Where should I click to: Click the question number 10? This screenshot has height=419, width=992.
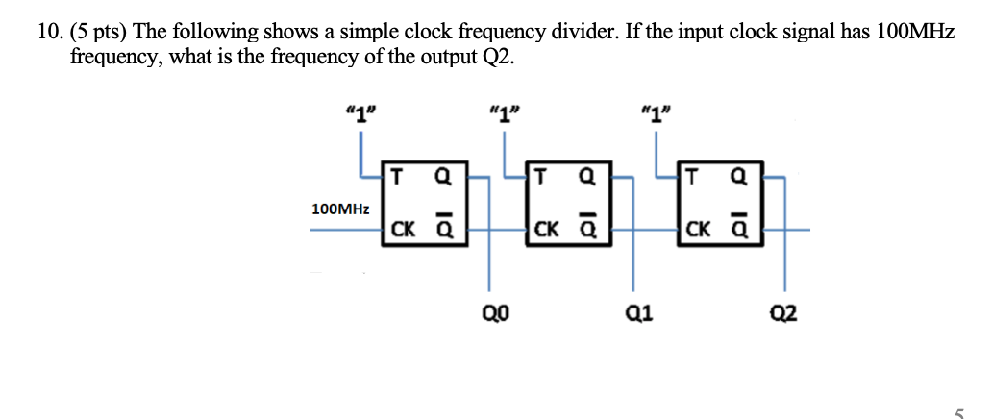pos(49,33)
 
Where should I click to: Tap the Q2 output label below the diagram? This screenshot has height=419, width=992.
pos(783,313)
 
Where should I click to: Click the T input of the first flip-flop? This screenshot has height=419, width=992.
pos(397,176)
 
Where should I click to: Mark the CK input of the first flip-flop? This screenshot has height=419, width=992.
pos(403,230)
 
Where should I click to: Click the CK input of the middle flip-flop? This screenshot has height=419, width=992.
pos(546,230)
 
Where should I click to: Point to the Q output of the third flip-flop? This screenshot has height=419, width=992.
pos(738,176)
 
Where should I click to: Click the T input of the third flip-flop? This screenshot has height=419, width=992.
pos(692,176)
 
